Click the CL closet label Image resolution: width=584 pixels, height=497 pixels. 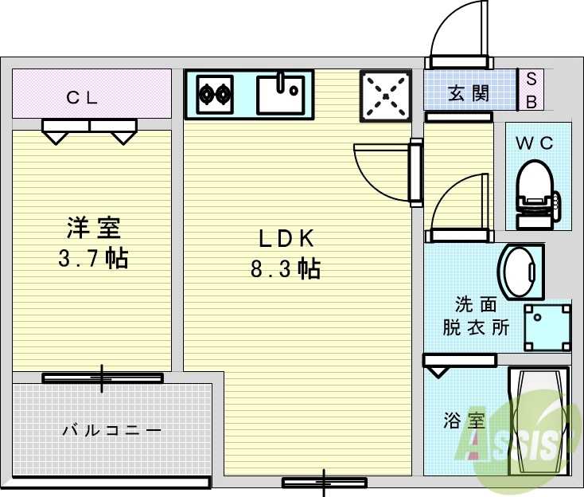tap(82, 98)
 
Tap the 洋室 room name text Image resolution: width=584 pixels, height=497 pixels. tap(93, 228)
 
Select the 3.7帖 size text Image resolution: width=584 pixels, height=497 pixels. tap(93, 259)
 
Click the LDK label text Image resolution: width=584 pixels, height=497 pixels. tap(286, 237)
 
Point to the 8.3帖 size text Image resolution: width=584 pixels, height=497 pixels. tap(286, 269)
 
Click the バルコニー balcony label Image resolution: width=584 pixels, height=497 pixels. tap(111, 430)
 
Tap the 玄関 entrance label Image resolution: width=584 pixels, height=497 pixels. tap(469, 93)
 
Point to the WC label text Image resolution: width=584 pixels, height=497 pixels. tap(535, 143)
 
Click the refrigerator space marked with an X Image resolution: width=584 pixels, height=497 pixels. tap(386, 96)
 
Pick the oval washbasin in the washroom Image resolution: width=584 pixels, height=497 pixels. tap(521, 271)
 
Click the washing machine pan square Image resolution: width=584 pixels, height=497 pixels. tap(548, 325)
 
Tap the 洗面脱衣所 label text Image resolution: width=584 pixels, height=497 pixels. tap(476, 316)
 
